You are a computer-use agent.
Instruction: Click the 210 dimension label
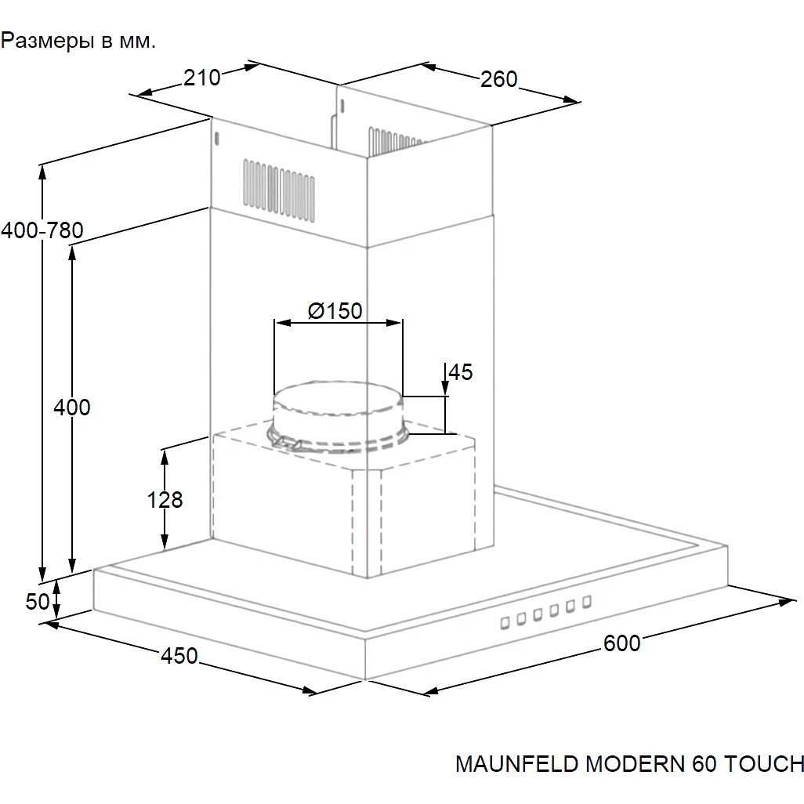point(202,78)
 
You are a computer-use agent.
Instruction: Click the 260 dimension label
point(499,79)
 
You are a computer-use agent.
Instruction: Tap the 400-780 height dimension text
point(42,230)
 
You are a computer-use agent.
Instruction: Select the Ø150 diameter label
point(335,311)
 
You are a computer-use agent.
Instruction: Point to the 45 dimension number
point(461,372)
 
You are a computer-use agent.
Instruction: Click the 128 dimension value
point(165,499)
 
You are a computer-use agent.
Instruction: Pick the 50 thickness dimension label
point(38,602)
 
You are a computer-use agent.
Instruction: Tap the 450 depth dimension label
point(179,656)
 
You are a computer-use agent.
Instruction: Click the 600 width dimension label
point(621,643)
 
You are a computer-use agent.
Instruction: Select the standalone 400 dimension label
point(72,407)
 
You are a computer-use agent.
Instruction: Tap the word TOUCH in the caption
point(763,764)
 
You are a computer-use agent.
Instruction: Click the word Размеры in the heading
point(47,41)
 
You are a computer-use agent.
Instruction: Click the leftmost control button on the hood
point(505,623)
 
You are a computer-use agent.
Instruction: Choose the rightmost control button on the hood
point(587,602)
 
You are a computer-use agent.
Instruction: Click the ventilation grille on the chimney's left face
point(279,190)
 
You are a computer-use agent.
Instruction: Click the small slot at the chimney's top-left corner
point(217,138)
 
